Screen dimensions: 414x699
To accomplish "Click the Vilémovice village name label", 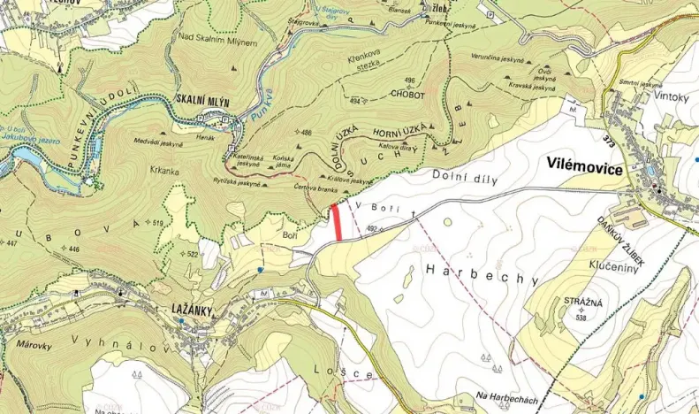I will pyautogui.click(x=584, y=169).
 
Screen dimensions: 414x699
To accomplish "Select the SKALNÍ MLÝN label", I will pyautogui.click(x=203, y=102).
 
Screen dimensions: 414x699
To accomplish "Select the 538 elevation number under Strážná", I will pyautogui.click(x=580, y=316).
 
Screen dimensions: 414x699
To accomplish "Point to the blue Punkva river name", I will pyautogui.click(x=256, y=110).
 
